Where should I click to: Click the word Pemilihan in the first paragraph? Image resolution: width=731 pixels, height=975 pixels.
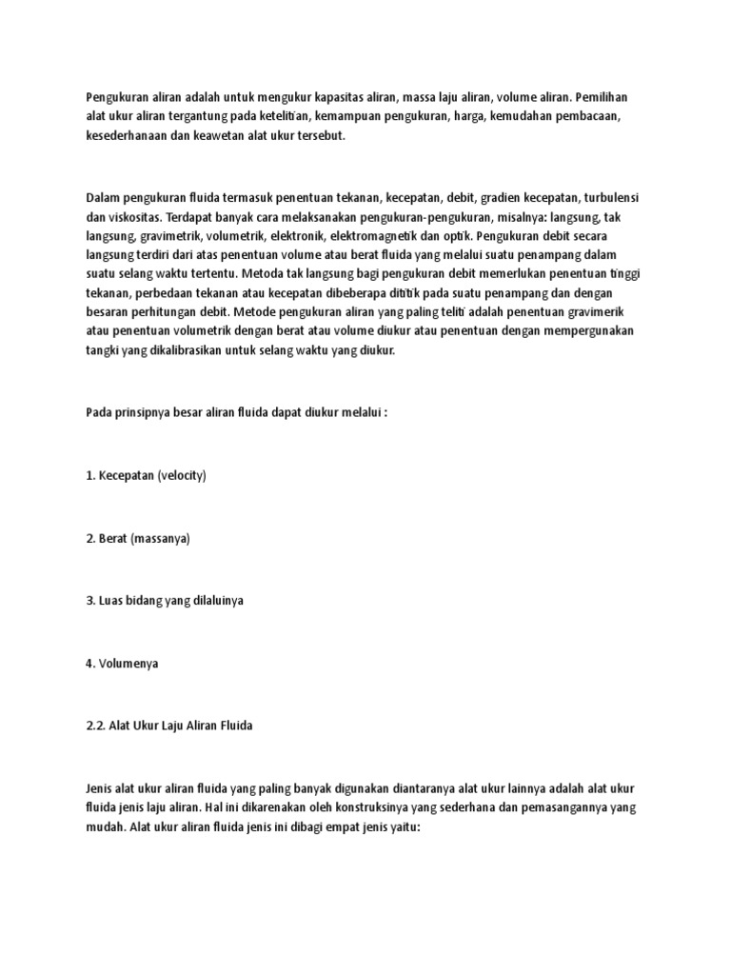[601, 97]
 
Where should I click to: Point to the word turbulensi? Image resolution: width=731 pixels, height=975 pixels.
[604, 196]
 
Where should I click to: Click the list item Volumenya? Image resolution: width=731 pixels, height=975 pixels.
[128, 664]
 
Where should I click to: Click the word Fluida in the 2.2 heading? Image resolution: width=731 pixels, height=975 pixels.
[232, 726]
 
